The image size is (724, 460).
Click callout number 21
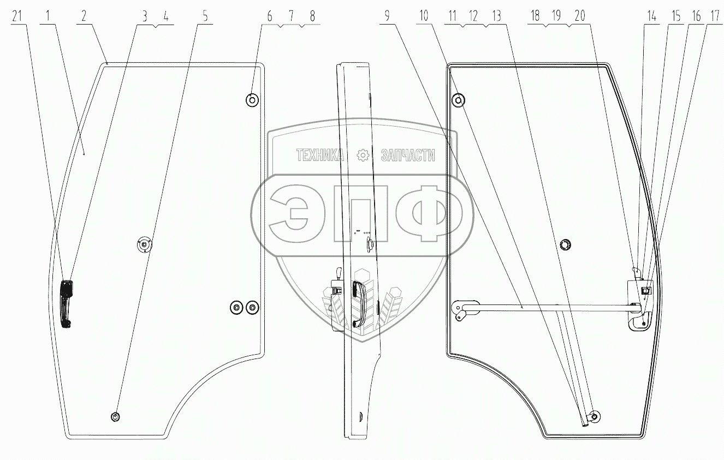coord(17,16)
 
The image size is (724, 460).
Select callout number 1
coord(49,16)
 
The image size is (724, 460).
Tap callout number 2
coord(84,16)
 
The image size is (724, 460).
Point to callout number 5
coord(205,16)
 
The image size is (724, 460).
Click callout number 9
coord(387,16)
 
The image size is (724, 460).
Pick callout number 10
coord(424,16)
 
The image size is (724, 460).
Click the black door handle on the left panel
coord(66,303)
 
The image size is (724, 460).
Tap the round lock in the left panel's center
coord(144,246)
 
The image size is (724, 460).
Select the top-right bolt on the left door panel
coord(252,100)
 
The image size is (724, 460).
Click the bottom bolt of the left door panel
coord(115,417)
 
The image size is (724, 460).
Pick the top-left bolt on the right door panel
coord(458,100)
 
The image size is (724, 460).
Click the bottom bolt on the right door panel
coord(595,417)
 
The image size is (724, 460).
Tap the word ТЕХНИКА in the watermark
coord(320,156)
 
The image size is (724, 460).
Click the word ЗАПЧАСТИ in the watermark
coord(407,156)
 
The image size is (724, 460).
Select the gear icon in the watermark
coord(363,156)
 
